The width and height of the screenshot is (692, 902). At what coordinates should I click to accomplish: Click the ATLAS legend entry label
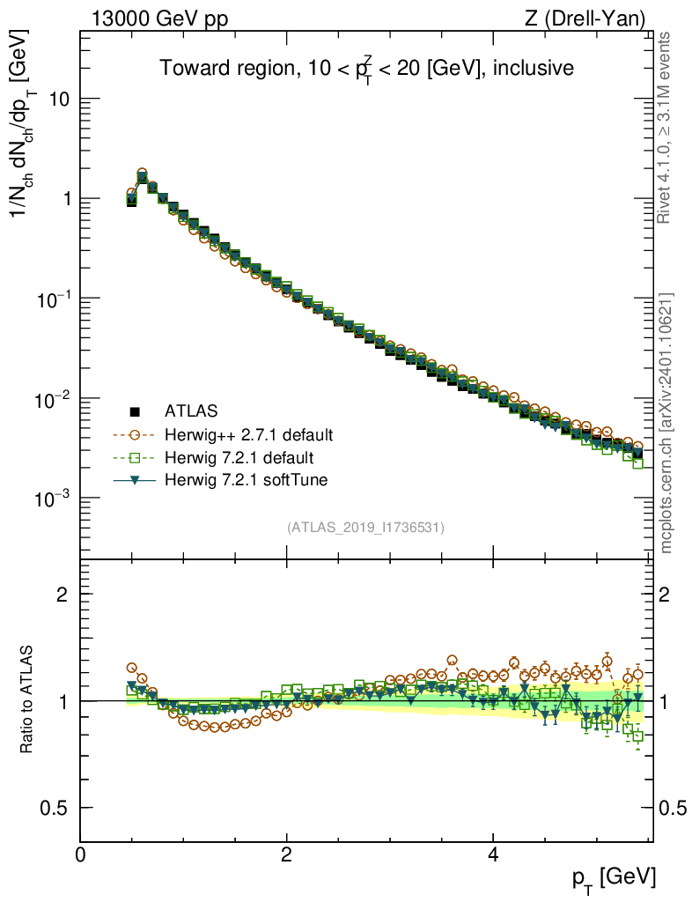tap(191, 410)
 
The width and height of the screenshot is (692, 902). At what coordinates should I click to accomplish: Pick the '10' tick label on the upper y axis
tap(58, 100)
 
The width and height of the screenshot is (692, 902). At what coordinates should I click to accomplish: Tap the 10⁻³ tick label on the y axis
tap(51, 499)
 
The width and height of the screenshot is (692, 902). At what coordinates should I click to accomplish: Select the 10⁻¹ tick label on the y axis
tap(51, 299)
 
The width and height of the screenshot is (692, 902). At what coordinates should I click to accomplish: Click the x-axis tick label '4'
tap(493, 855)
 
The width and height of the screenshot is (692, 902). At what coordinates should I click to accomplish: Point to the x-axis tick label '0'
tap(81, 855)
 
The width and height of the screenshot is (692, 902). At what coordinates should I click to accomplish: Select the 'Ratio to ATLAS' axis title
tap(28, 701)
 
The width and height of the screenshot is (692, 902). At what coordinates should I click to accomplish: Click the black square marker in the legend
tap(136, 410)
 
